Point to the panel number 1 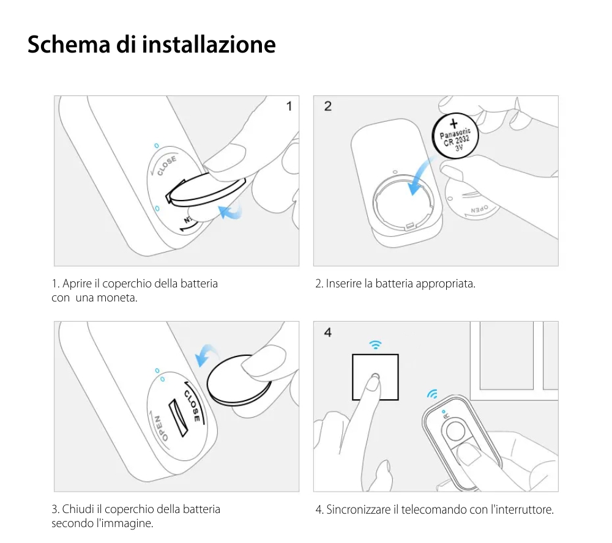click(x=289, y=106)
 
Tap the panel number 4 click(x=328, y=333)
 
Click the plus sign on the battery click(x=454, y=124)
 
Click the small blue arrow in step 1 click(x=231, y=212)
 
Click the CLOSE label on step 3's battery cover click(x=192, y=402)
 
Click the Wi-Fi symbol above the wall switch click(x=375, y=344)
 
